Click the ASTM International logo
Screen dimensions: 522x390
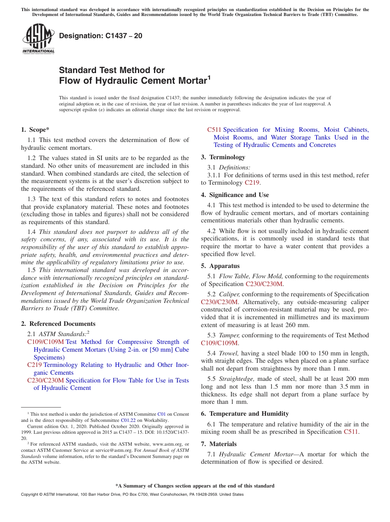(x=38, y=39)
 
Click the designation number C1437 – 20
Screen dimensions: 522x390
(x=101, y=36)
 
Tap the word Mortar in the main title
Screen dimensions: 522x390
(x=186, y=80)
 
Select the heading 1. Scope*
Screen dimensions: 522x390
(x=35, y=130)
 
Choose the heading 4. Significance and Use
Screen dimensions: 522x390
(x=235, y=195)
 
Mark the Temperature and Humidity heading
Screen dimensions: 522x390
(x=245, y=414)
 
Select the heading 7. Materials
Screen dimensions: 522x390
(x=219, y=444)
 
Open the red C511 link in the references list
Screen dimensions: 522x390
(x=214, y=130)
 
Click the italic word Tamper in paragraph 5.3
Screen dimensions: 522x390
(x=229, y=335)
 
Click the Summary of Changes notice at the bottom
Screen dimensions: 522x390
(x=195, y=486)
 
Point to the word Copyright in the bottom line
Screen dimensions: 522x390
(x=30, y=495)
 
